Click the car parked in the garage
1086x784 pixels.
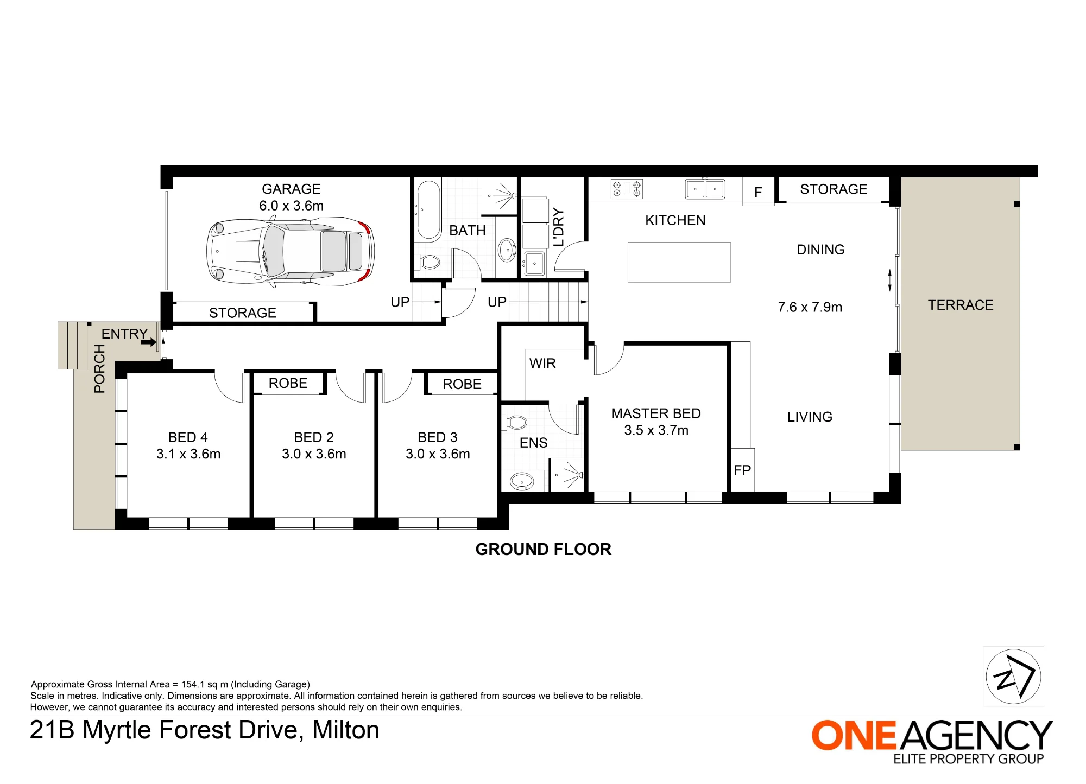[290, 251]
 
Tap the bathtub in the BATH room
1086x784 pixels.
[428, 210]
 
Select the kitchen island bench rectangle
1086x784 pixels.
[679, 262]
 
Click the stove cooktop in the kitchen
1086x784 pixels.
[627, 189]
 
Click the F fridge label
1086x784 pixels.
[758, 192]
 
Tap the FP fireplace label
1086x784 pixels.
[742, 470]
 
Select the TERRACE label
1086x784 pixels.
[961, 305]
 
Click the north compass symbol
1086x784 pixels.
[1013, 677]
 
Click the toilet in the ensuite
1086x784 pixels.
[516, 422]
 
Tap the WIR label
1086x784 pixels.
[542, 364]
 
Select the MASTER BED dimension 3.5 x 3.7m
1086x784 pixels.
[656, 430]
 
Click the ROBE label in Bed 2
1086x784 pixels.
[288, 383]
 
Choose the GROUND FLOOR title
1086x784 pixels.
[544, 549]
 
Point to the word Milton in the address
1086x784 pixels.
[346, 730]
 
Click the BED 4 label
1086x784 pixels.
[188, 437]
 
